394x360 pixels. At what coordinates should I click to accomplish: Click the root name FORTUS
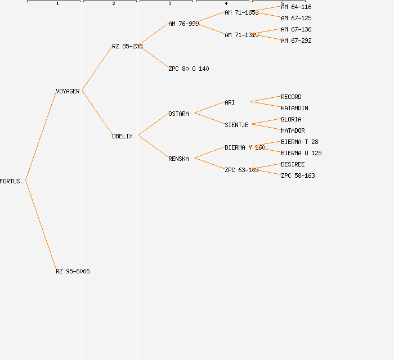click(x=10, y=181)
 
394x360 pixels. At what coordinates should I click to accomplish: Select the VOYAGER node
click(x=68, y=91)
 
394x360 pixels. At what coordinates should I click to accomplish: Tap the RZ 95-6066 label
click(x=73, y=271)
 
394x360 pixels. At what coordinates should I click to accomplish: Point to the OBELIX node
click(x=122, y=136)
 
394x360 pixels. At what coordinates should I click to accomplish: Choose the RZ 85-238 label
click(x=127, y=46)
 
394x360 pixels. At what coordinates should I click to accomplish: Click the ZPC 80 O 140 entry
click(x=189, y=69)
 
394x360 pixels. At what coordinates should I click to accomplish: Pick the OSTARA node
click(x=178, y=114)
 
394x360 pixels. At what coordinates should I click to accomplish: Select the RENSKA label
click(x=178, y=159)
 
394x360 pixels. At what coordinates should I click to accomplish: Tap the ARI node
click(x=230, y=102)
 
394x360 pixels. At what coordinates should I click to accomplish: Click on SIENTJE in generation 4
click(x=236, y=125)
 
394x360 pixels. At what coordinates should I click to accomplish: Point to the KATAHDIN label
click(x=294, y=108)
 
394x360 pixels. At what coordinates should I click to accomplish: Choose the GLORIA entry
click(x=291, y=119)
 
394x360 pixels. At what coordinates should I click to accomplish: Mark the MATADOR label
click(x=293, y=130)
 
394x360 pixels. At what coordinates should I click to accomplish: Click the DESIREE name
click(x=293, y=164)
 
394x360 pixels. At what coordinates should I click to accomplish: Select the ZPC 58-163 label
click(x=298, y=175)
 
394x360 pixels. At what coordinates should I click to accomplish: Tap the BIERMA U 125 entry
click(x=301, y=153)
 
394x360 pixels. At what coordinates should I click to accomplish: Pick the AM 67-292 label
click(x=296, y=40)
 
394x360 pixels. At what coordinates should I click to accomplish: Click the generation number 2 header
click(x=113, y=4)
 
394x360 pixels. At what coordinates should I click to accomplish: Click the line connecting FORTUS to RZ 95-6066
click(x=41, y=226)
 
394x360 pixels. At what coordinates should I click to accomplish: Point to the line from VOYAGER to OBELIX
click(x=97, y=113)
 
